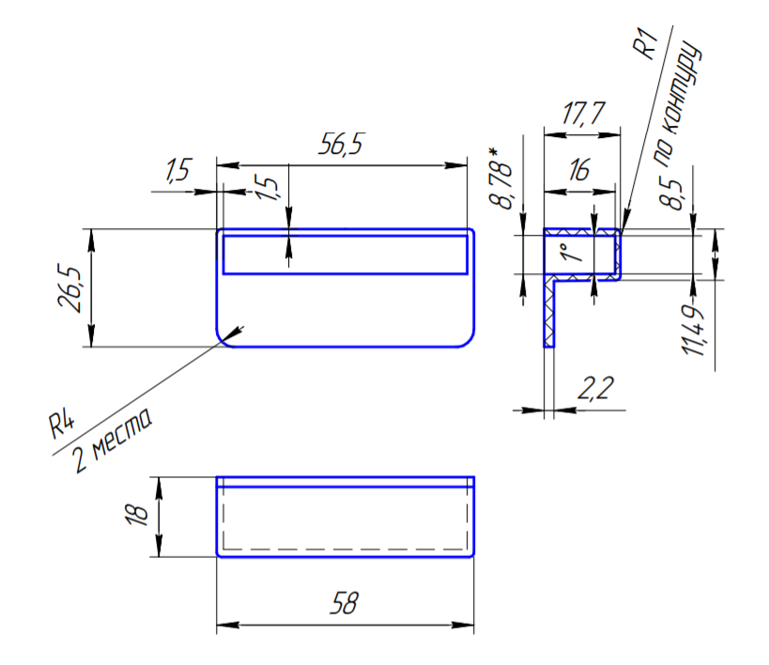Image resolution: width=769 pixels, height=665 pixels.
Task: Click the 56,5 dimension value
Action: click(x=341, y=144)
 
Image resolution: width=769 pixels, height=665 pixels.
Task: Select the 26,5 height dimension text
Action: click(x=69, y=288)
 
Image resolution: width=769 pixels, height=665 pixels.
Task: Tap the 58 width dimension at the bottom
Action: click(x=345, y=603)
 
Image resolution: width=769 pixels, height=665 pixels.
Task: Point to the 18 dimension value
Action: click(x=137, y=514)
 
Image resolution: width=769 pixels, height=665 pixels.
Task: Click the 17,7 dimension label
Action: click(x=583, y=114)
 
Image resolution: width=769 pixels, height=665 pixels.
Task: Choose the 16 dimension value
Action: click(x=578, y=170)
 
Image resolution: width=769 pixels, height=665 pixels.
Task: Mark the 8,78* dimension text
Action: click(x=501, y=178)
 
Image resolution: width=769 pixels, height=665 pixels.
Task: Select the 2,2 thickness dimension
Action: click(x=595, y=388)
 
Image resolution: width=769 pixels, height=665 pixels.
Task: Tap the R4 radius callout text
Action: click(x=62, y=425)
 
